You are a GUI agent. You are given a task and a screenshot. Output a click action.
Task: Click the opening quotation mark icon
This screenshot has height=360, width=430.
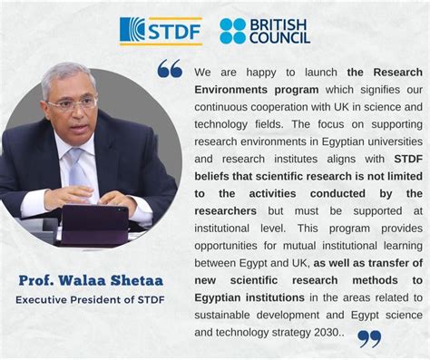(170, 69)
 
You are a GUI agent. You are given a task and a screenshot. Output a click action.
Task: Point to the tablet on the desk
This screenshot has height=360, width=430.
(93, 219)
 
